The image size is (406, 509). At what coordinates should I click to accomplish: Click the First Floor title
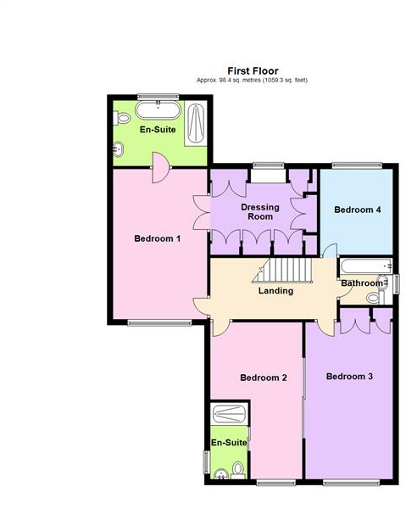(253, 70)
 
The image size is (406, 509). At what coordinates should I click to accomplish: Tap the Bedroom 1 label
(158, 238)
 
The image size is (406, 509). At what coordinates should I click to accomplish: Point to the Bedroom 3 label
(349, 376)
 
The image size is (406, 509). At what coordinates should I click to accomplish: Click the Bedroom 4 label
(356, 210)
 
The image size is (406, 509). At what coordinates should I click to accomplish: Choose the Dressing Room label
(260, 211)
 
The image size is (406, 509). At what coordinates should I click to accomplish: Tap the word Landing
(275, 291)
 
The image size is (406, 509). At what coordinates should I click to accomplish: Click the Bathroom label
(361, 282)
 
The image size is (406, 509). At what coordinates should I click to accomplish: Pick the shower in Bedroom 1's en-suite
(197, 122)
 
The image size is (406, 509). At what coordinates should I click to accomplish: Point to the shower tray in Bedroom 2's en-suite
(229, 414)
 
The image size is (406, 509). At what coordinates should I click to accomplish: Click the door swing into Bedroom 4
(328, 249)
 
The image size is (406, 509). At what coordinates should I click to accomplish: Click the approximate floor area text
(253, 80)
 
